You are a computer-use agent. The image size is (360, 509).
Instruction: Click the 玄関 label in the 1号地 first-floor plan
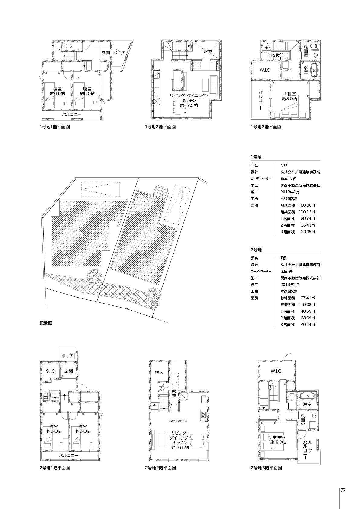[x=106, y=53]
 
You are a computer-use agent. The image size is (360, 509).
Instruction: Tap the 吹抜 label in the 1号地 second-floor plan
[x=208, y=52]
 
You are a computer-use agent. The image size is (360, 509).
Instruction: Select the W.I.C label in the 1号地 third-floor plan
[x=265, y=70]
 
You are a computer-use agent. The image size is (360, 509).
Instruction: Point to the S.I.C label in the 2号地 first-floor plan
[x=50, y=371]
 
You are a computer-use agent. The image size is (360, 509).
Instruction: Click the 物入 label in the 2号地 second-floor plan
[x=159, y=372]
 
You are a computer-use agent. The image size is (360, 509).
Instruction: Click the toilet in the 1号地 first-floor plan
[x=67, y=46]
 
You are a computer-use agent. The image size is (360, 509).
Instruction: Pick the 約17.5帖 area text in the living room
[x=189, y=105]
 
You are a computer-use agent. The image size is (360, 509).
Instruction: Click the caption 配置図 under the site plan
[x=46, y=323]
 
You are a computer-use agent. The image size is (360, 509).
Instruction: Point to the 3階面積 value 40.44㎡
[x=308, y=324]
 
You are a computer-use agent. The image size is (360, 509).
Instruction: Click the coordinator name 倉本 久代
[x=288, y=179]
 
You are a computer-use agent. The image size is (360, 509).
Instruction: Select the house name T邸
[x=283, y=258]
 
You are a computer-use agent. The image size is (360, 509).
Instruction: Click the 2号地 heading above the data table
[x=256, y=250]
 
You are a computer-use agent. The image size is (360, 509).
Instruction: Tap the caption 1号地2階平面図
[x=160, y=127]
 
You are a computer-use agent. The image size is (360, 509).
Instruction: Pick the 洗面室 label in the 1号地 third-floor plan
[x=306, y=51]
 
